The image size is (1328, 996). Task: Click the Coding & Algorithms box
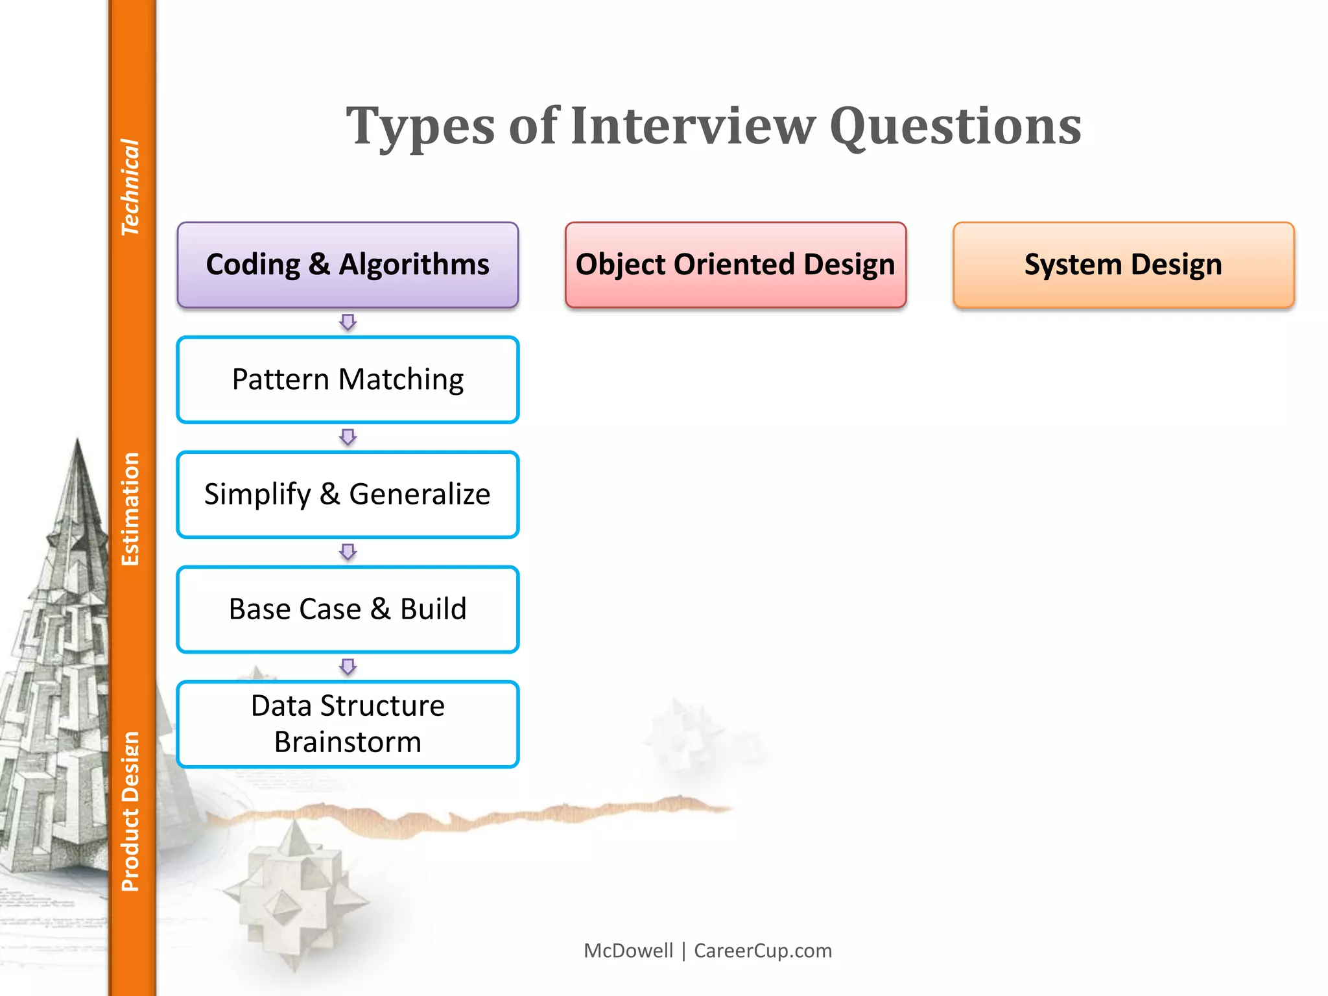pyautogui.click(x=348, y=265)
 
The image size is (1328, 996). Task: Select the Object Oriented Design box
pyautogui.click(x=735, y=265)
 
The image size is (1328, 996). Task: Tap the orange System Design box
pyautogui.click(x=1123, y=265)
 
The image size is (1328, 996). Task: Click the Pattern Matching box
pyautogui.click(x=348, y=379)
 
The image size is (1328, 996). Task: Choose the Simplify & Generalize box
pyautogui.click(x=348, y=494)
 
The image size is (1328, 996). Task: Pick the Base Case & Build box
pyautogui.click(x=348, y=609)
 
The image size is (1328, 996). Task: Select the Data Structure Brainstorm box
pyautogui.click(x=348, y=724)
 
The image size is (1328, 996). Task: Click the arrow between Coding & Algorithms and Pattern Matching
pyautogui.click(x=348, y=322)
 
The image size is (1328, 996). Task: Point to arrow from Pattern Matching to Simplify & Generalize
pyautogui.click(x=348, y=437)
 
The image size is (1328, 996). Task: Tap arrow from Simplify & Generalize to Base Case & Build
pyautogui.click(x=348, y=552)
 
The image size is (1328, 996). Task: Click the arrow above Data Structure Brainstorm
pyautogui.click(x=348, y=667)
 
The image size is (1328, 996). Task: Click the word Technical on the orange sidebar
pyautogui.click(x=130, y=187)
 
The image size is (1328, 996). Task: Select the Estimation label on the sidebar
pyautogui.click(x=130, y=509)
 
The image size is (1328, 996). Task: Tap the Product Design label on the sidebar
pyautogui.click(x=130, y=811)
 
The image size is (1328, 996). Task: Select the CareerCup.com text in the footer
pyautogui.click(x=763, y=951)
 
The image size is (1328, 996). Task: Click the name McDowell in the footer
pyautogui.click(x=628, y=951)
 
